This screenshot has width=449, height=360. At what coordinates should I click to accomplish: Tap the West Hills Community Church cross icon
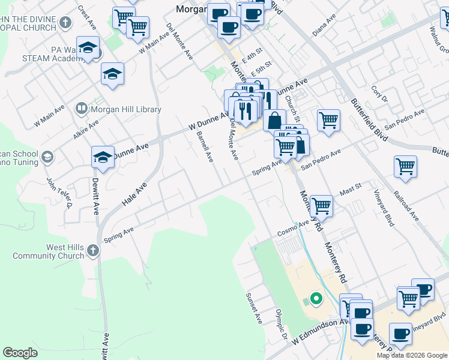92,250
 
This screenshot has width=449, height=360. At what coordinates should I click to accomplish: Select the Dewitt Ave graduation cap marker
103,158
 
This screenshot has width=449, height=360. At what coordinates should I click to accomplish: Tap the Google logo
20,353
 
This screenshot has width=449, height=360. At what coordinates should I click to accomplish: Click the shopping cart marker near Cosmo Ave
322,206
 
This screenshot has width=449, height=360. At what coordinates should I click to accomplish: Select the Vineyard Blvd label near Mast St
385,205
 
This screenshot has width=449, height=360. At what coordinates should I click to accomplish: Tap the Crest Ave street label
88,19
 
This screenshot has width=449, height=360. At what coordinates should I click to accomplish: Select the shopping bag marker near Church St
274,120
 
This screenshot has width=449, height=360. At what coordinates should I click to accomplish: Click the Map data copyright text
412,355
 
